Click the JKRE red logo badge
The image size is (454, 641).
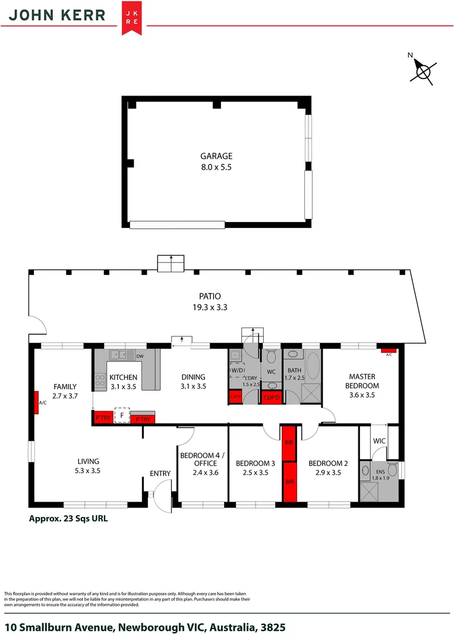point(131,18)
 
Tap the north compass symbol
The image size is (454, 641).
point(423,71)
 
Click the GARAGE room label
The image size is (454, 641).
point(216,157)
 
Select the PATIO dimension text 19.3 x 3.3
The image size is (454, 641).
point(210,307)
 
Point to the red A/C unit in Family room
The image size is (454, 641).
point(36,402)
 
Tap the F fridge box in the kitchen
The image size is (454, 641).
point(122,415)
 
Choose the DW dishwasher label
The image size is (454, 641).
point(140,356)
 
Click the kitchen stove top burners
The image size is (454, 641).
point(100,380)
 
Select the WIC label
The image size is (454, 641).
point(380,442)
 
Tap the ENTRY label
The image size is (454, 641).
point(160,473)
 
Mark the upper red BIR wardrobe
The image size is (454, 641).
point(288,443)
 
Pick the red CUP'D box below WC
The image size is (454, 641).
point(272,398)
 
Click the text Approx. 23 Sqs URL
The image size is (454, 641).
point(68,518)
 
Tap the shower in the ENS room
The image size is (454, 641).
point(368,490)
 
